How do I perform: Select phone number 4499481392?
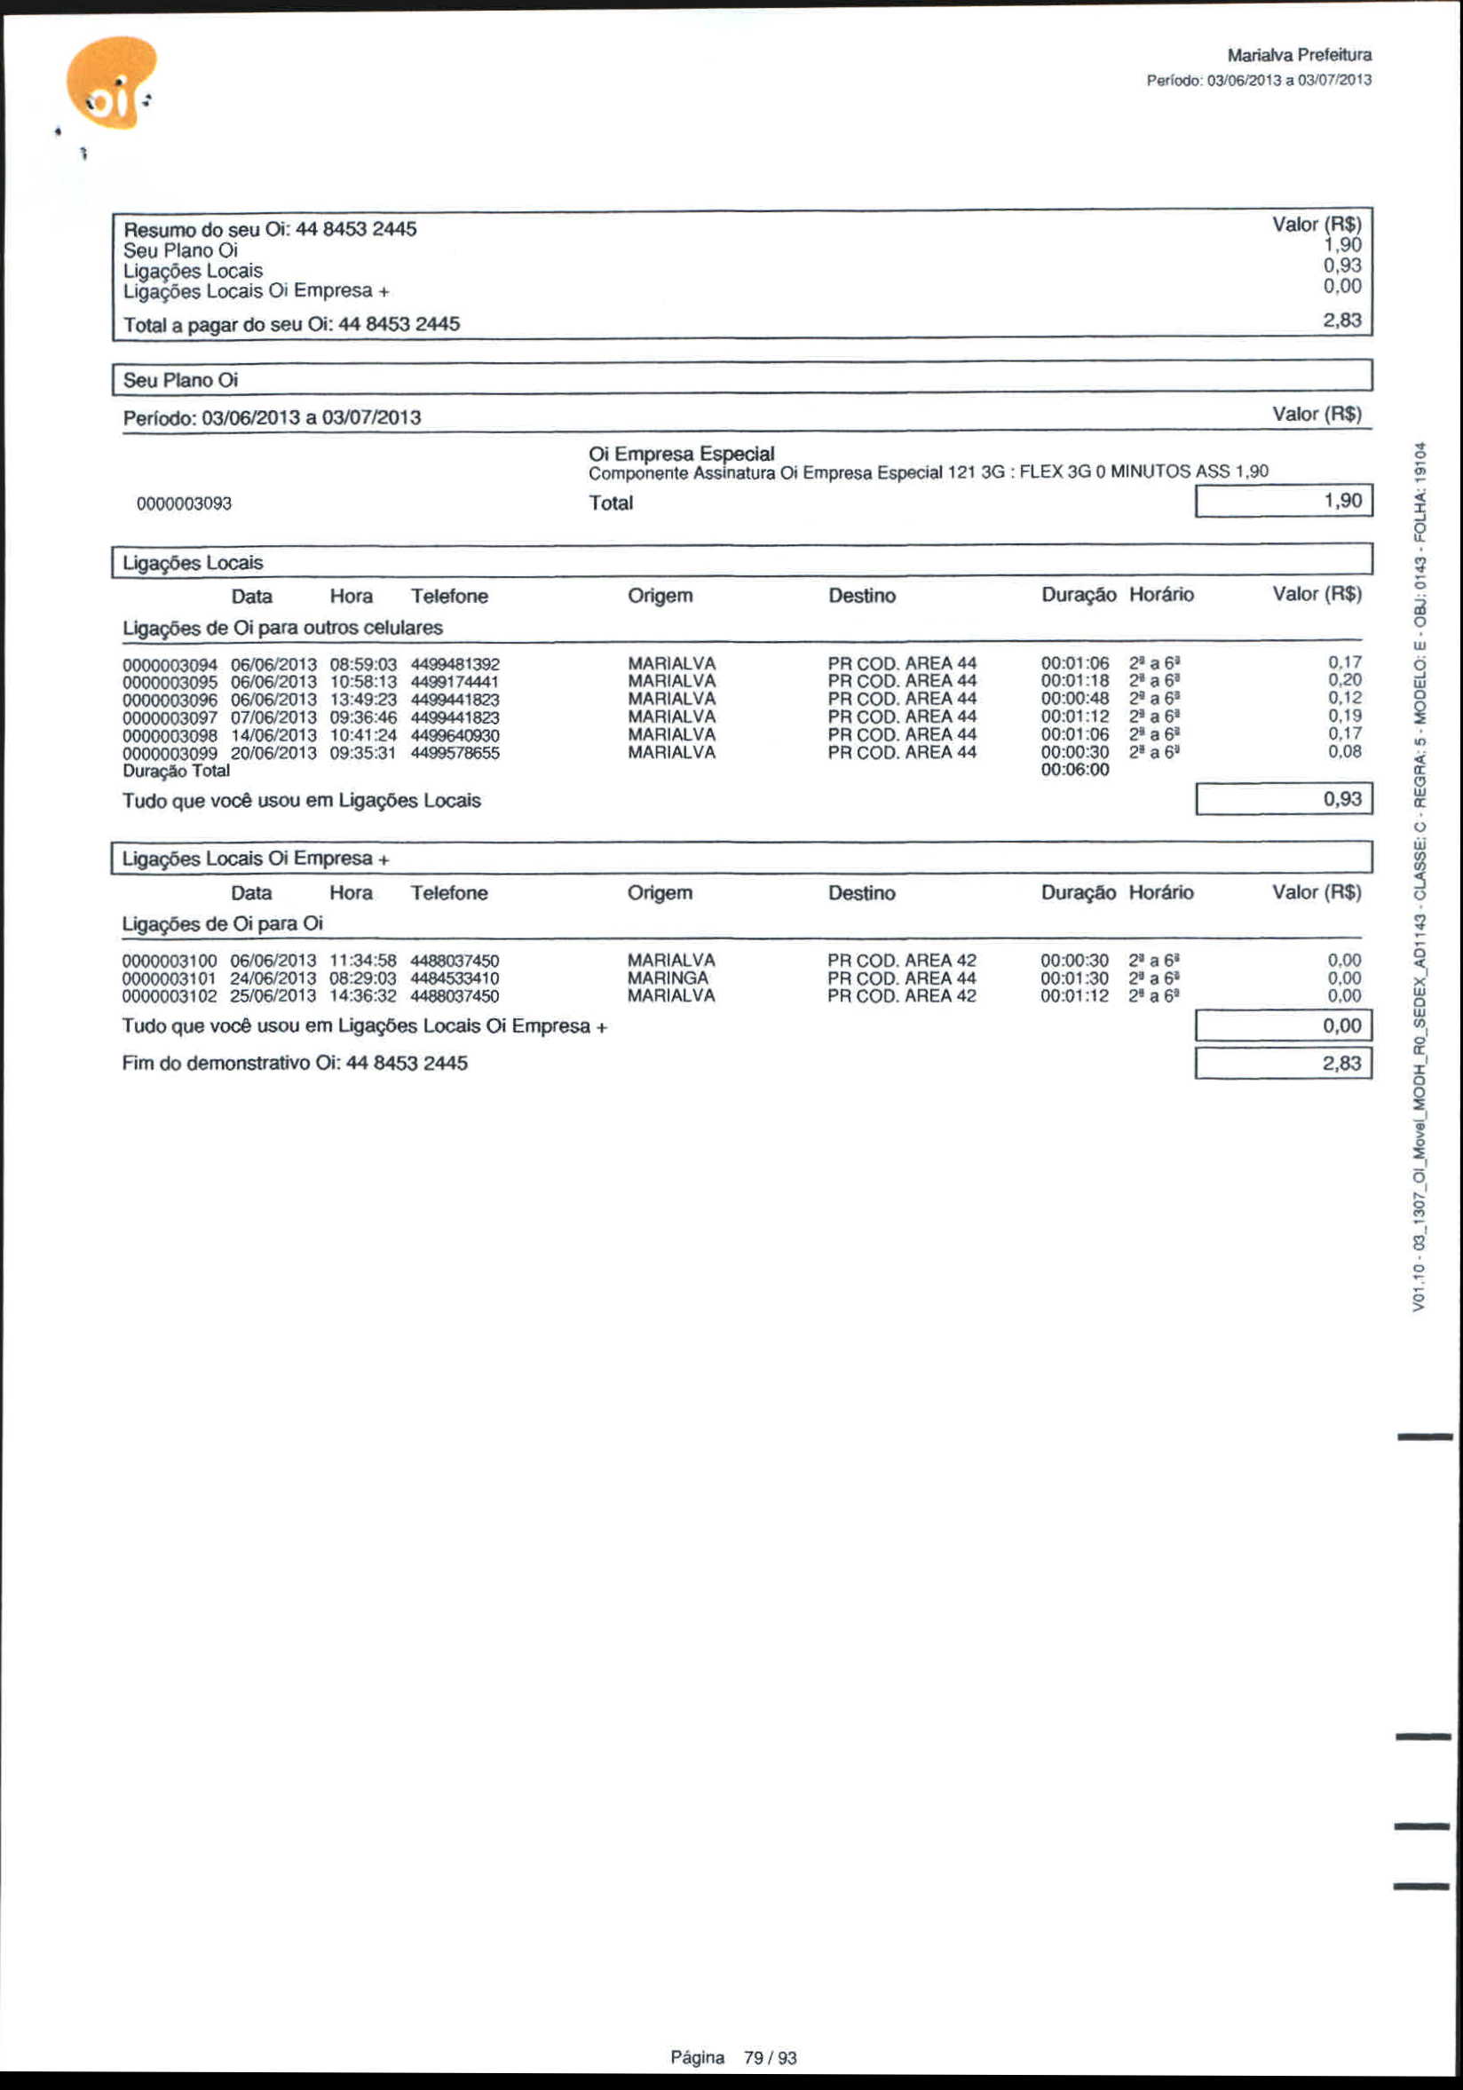[x=455, y=664]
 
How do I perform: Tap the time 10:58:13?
[x=362, y=682]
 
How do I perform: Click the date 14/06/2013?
[x=273, y=735]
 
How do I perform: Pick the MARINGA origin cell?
[x=668, y=978]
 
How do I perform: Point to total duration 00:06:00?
[x=1074, y=770]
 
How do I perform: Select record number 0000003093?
[x=184, y=503]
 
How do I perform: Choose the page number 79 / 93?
[x=770, y=2057]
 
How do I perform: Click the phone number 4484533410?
[x=455, y=978]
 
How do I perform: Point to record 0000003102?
[x=170, y=996]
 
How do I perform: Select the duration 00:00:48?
[x=1074, y=699]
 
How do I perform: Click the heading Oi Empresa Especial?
[x=681, y=454]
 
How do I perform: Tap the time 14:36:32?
[x=362, y=996]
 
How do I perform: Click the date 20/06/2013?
[x=273, y=753]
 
